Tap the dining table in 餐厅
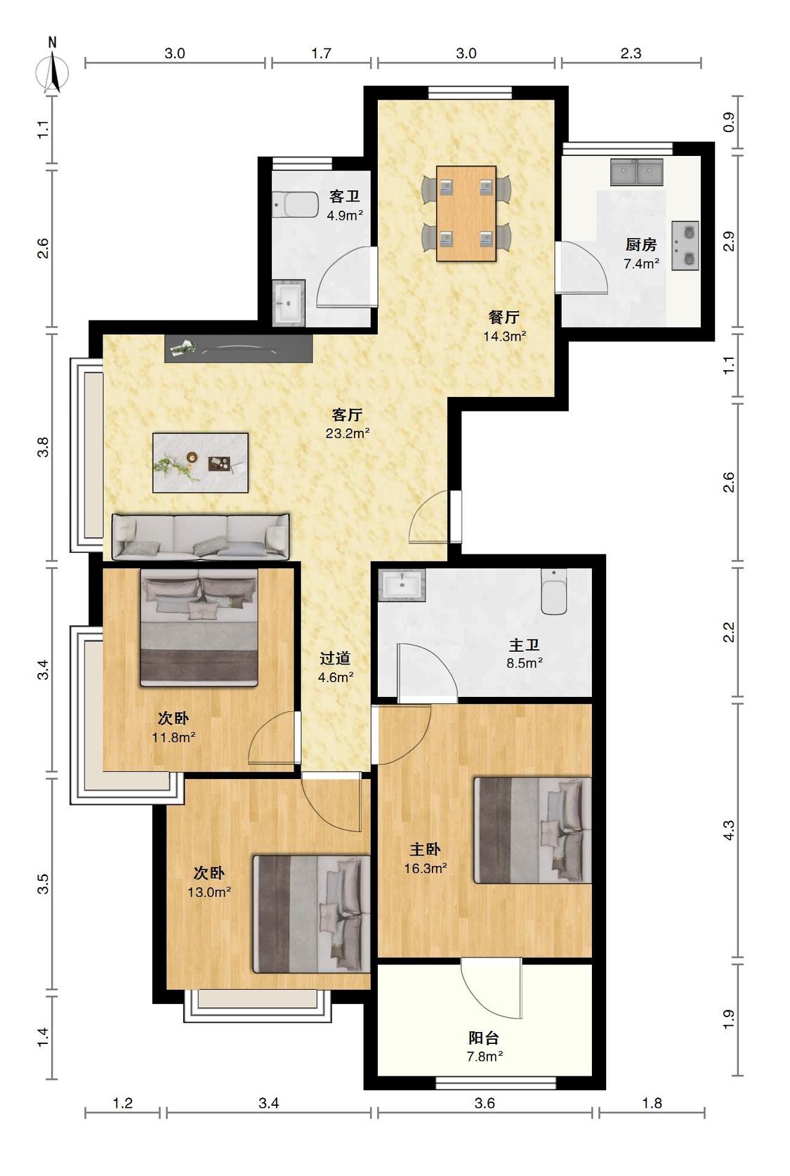[x=466, y=213]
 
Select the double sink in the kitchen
[x=636, y=171]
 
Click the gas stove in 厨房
[x=685, y=245]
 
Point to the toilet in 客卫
[x=296, y=204]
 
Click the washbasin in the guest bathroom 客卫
[x=289, y=303]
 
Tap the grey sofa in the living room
[x=201, y=537]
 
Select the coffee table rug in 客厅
[x=201, y=462]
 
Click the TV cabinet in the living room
[x=238, y=348]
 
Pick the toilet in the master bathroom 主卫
[x=554, y=591]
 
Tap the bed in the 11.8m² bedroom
[x=199, y=627]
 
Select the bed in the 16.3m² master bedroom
[x=533, y=830]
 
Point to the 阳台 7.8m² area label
[x=485, y=1047]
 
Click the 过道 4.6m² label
[x=336, y=667]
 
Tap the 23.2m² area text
[x=348, y=433]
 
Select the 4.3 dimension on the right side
[x=729, y=830]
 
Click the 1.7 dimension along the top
[x=321, y=53]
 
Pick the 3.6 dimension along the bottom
[x=485, y=1103]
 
